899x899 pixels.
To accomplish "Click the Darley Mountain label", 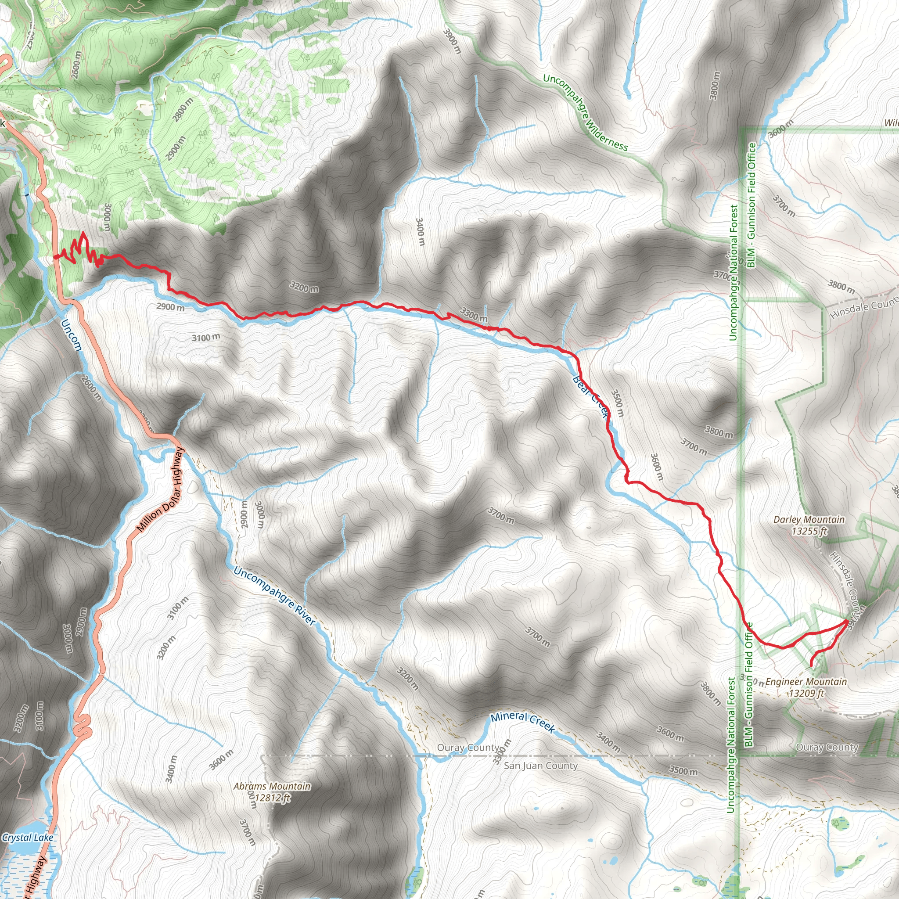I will coord(809,519).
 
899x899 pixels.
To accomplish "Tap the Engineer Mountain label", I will coord(806,682).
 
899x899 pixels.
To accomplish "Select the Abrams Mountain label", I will coord(272,786).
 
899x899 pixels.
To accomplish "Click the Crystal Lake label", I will coord(28,838).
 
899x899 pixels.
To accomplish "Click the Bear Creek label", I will coord(590,396).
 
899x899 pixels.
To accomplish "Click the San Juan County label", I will coord(540,766).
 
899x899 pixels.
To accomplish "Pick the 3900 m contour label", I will coord(451,41).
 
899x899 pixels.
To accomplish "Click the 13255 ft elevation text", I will coord(809,531).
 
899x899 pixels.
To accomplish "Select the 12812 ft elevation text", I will coord(272,798).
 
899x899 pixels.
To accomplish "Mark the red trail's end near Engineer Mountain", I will coord(812,666).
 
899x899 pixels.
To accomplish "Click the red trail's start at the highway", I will coord(55,257).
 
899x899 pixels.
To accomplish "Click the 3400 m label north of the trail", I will coord(420,231).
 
